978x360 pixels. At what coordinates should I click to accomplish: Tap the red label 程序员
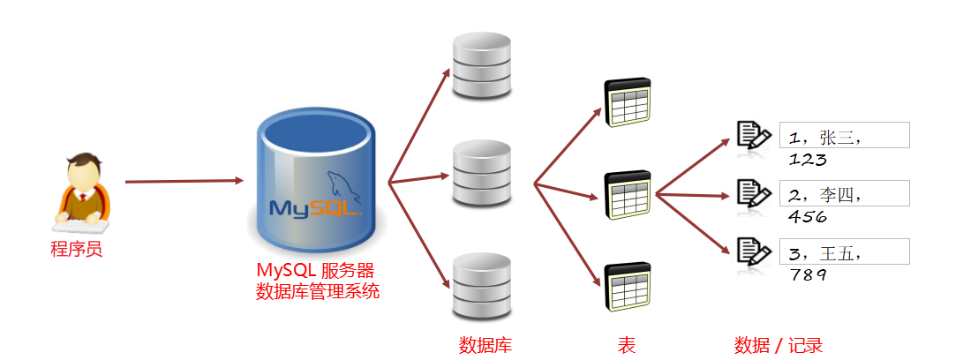coord(77,249)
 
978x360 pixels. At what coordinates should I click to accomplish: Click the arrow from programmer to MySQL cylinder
coord(184,182)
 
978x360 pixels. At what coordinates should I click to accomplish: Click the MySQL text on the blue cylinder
coord(314,209)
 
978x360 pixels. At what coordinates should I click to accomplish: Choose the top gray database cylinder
coord(482,67)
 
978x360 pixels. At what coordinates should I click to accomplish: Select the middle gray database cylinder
coord(482,173)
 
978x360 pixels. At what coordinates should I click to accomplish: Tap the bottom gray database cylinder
coord(482,286)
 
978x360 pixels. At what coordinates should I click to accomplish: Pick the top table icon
coord(627,103)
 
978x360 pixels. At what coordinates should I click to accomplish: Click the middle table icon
coord(627,195)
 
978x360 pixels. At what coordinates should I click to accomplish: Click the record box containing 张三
coord(844,136)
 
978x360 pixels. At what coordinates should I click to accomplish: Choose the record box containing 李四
coord(844,193)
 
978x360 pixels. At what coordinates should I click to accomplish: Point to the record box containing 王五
coord(844,251)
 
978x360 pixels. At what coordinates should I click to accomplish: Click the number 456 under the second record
coord(809,217)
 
